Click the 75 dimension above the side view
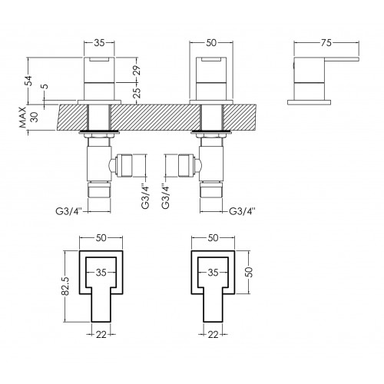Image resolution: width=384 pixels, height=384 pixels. [326, 43]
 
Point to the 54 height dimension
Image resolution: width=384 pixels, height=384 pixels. [29, 81]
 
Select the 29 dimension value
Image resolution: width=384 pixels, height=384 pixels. [137, 70]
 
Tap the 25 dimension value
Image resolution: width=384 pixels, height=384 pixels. [137, 93]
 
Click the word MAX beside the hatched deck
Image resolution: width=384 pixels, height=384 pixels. [23, 118]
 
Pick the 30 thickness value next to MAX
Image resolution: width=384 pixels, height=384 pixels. [35, 117]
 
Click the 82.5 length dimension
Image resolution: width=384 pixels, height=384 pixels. [65, 286]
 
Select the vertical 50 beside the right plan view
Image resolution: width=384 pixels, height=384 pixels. [250, 272]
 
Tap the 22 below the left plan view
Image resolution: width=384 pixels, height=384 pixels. [101, 334]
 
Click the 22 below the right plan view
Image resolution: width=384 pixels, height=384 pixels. [213, 334]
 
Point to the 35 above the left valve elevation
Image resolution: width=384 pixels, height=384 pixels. [99, 43]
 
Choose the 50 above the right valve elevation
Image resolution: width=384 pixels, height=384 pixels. [211, 43]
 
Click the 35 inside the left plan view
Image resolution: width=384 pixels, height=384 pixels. [101, 273]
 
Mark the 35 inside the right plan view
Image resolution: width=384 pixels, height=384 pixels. [213, 273]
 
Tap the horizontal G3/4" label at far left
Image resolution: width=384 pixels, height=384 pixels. [68, 211]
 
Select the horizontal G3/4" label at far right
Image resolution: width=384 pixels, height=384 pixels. [242, 211]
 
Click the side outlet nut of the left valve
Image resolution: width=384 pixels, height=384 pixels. [124, 165]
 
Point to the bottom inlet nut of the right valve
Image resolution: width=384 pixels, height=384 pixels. [211, 190]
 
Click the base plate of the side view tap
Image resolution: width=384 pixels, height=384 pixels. [309, 102]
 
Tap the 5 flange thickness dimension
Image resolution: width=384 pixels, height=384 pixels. [45, 86]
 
